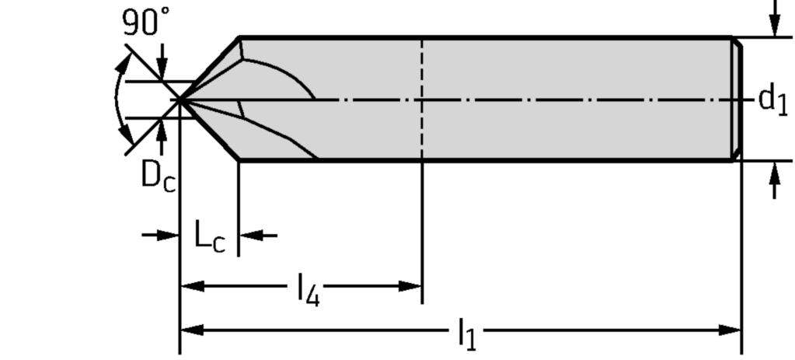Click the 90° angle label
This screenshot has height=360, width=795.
click(x=145, y=24)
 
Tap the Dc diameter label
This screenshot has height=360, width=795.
click(x=158, y=177)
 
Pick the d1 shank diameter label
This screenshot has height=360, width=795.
click(x=772, y=99)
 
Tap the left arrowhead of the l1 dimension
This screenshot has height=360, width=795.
click(x=191, y=330)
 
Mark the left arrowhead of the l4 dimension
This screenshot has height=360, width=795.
click(x=191, y=285)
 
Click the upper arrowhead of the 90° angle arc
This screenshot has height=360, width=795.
click(x=121, y=62)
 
